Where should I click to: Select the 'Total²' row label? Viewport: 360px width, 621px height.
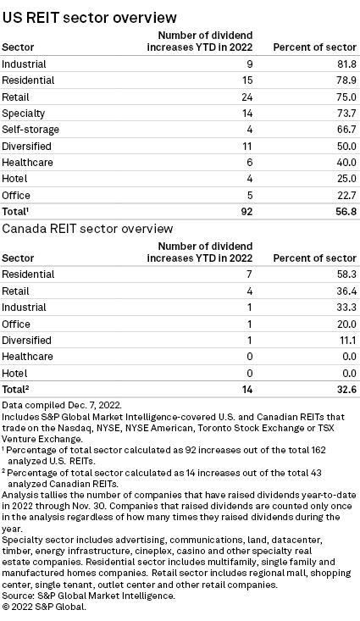[19, 389]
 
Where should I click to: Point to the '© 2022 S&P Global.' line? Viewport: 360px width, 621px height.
[49, 606]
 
